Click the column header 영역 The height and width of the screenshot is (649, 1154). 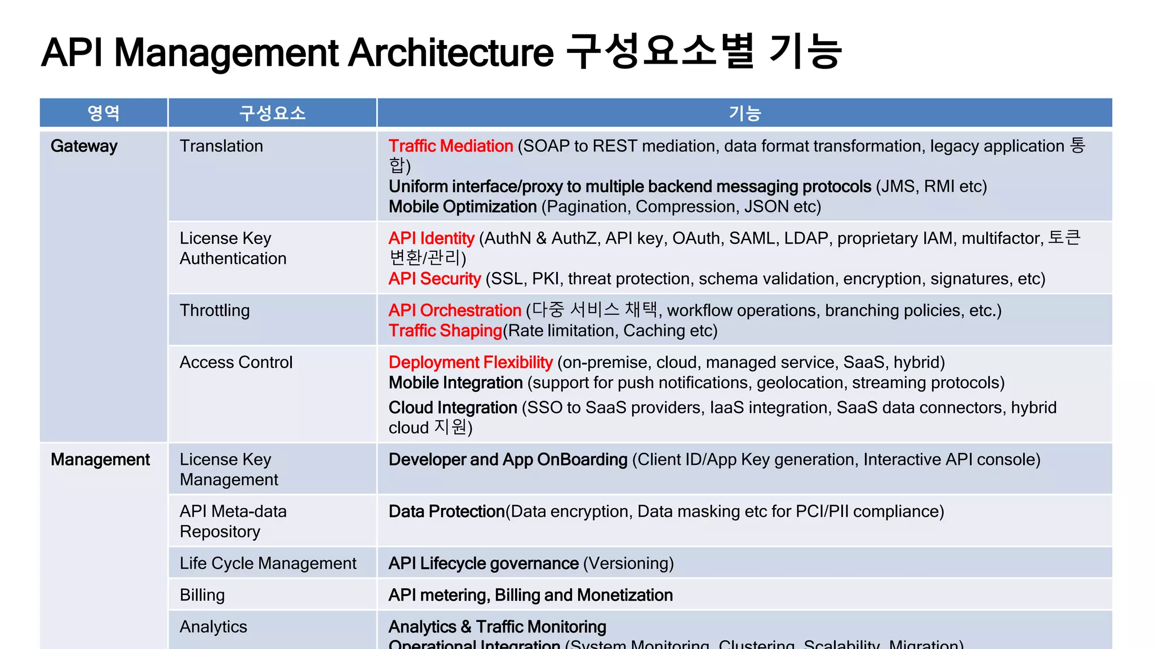[104, 113]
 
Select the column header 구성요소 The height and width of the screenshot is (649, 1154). [272, 113]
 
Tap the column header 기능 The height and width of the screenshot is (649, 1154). [744, 113]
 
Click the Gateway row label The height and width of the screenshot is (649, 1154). [84, 146]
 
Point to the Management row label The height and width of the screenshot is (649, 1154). [100, 460]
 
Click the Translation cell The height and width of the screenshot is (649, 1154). [221, 146]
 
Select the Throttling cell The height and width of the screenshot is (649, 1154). [215, 310]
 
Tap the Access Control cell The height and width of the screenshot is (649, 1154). [236, 362]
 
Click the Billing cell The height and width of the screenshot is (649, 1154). [202, 595]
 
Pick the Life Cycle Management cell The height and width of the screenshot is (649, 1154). [268, 563]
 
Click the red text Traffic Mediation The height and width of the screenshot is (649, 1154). [451, 146]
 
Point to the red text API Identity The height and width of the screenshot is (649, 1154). [432, 238]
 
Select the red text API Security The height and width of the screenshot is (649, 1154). [434, 279]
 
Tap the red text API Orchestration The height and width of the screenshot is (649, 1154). [455, 310]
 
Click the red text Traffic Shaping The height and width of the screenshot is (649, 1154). [445, 331]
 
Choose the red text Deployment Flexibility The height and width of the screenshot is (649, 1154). [471, 362]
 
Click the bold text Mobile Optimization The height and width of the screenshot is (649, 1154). [463, 207]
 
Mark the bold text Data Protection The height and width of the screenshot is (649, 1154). [446, 512]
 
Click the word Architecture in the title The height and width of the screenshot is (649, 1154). [451, 52]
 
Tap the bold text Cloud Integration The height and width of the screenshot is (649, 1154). [453, 407]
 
